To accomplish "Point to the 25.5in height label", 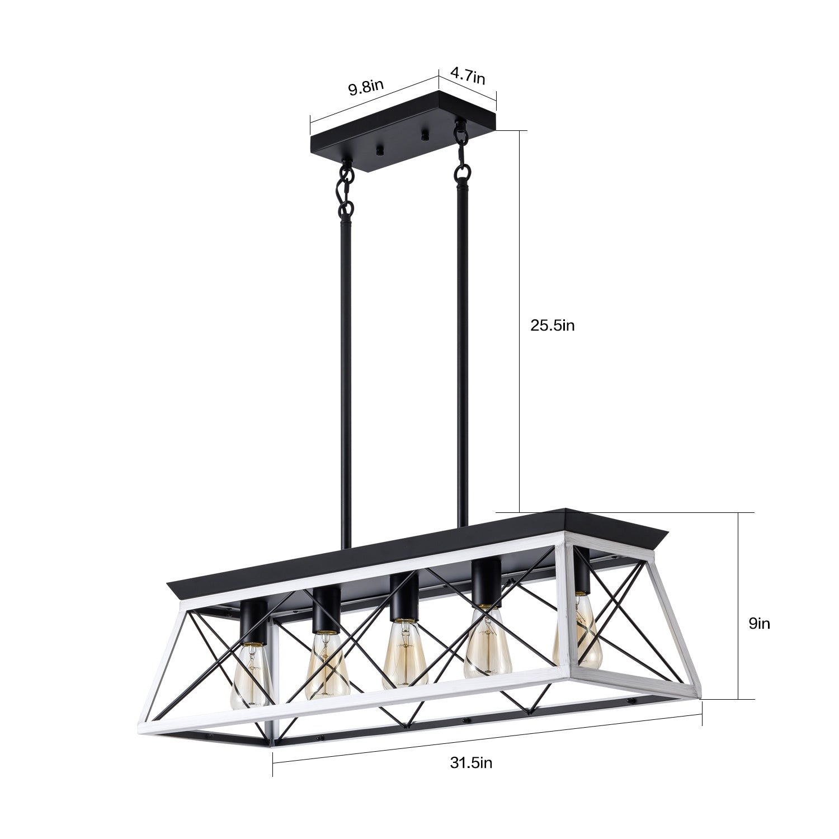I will pyautogui.click(x=553, y=326).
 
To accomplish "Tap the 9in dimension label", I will pyautogui.click(x=759, y=624).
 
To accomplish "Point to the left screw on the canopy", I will pyautogui.click(x=380, y=149).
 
